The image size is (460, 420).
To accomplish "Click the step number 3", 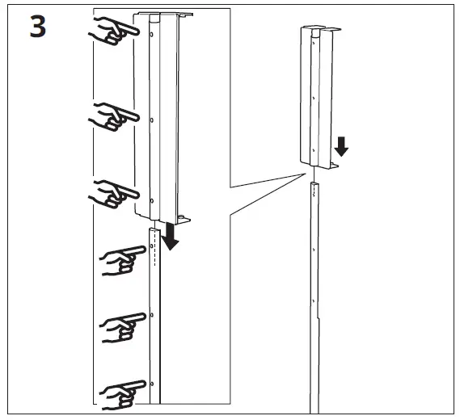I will (37, 28).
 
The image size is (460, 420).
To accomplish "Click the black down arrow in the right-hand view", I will (342, 146).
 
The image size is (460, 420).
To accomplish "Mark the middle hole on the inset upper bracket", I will (152, 119).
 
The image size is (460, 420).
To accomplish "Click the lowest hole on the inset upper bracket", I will (152, 197).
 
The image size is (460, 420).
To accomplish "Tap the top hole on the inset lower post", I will (152, 246).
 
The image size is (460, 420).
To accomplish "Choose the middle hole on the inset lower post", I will (152, 313).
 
